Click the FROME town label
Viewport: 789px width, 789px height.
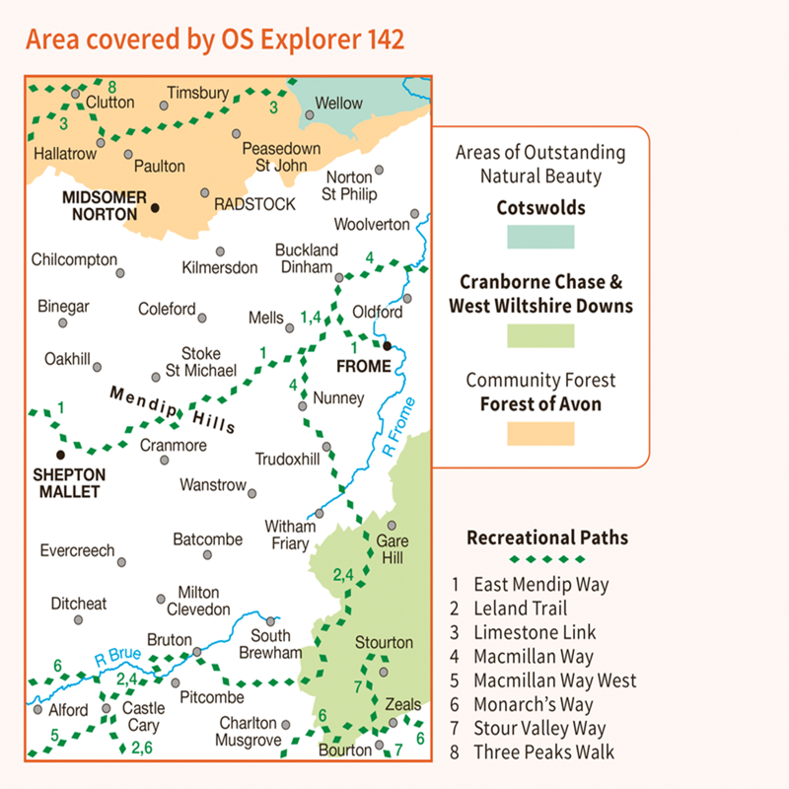(x=364, y=367)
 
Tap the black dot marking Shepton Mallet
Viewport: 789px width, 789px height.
(x=60, y=455)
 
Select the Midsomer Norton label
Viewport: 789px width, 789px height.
(x=104, y=204)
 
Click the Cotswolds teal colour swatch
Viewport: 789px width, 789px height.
(x=540, y=237)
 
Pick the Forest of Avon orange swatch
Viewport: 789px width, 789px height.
(x=540, y=434)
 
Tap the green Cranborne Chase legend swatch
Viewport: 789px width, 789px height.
(x=540, y=335)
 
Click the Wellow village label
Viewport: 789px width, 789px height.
(x=338, y=103)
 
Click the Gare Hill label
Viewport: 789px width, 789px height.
(x=392, y=551)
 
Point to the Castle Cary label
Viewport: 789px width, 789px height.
(x=143, y=717)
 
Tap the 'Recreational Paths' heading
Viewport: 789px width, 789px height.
(x=547, y=538)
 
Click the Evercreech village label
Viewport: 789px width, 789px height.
(x=77, y=550)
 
